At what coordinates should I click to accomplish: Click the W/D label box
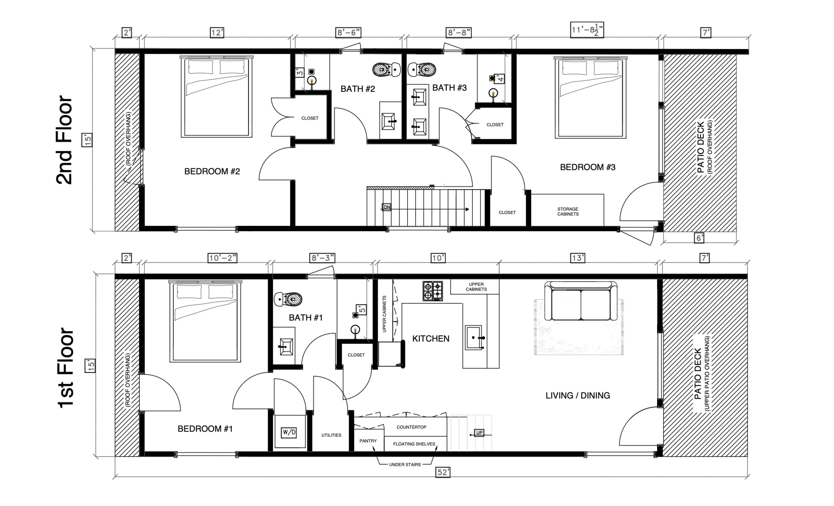click(289, 432)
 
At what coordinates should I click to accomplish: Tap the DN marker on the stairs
click(386, 207)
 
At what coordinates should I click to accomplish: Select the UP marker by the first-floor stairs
click(479, 433)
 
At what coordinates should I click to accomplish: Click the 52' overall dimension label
click(443, 472)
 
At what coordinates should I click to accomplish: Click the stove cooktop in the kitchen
click(433, 291)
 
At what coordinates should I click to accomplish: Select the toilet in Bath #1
click(288, 299)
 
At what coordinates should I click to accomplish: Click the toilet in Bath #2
click(386, 70)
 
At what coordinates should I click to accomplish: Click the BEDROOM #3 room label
click(588, 167)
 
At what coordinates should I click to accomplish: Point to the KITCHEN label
click(431, 339)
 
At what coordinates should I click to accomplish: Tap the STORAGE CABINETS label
click(568, 212)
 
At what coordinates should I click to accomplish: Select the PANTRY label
click(368, 441)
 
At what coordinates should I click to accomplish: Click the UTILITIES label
click(331, 435)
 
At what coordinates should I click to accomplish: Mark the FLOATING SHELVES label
click(414, 444)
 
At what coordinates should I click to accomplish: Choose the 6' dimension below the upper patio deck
click(700, 238)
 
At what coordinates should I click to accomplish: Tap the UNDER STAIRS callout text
click(405, 465)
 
